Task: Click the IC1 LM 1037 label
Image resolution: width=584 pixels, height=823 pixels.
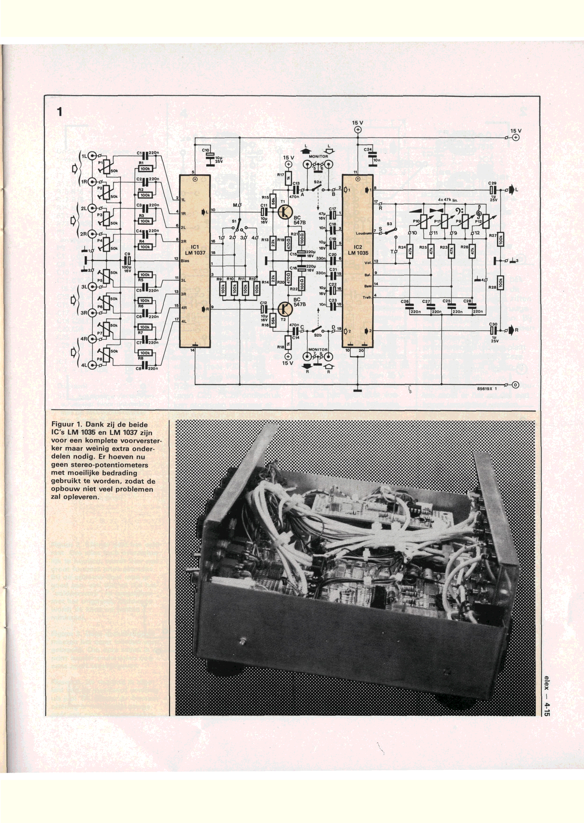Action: pyautogui.click(x=195, y=250)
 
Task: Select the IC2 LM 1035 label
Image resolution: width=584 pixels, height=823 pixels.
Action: pyautogui.click(x=358, y=250)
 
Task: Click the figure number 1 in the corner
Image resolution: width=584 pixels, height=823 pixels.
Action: pyautogui.click(x=59, y=112)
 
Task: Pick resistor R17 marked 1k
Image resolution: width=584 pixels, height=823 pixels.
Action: pyautogui.click(x=288, y=178)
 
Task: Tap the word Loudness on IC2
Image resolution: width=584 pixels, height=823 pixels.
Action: pyautogui.click(x=364, y=233)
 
